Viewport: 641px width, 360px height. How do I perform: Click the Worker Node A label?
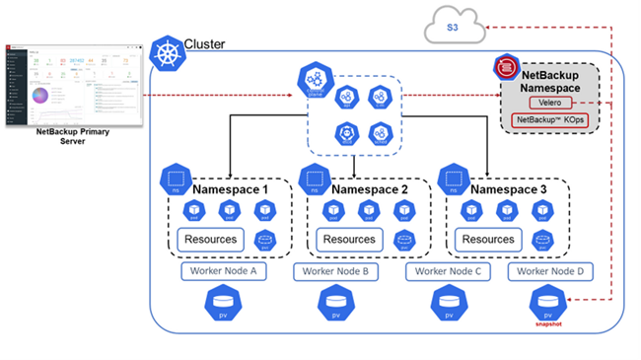(x=223, y=270)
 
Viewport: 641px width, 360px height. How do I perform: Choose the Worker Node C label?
(x=449, y=270)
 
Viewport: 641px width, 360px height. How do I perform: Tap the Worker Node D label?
(x=552, y=270)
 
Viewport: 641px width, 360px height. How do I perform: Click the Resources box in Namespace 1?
(x=210, y=239)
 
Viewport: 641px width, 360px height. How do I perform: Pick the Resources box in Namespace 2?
(x=349, y=239)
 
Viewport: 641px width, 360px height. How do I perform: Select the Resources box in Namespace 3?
(x=488, y=239)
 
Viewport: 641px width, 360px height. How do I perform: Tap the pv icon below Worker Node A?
(x=223, y=304)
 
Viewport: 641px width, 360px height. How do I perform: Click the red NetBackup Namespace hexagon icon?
(x=507, y=68)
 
